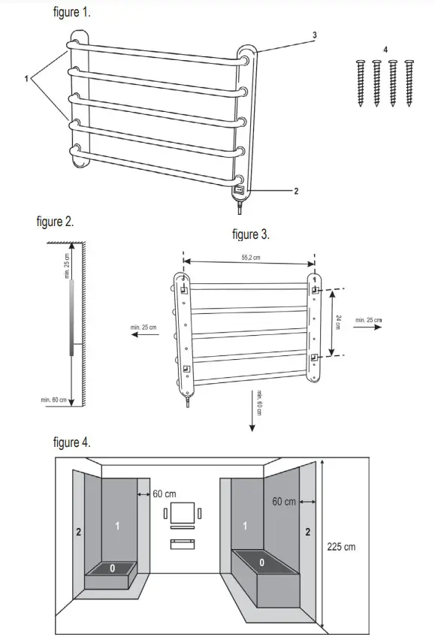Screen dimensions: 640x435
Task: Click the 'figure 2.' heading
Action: click(55, 222)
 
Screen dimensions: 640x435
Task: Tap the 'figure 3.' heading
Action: click(251, 234)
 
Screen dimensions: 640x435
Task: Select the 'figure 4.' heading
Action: click(72, 442)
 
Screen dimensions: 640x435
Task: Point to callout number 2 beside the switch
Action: click(296, 192)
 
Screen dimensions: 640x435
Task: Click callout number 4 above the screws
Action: click(385, 50)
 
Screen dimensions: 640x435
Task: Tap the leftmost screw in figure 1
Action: click(361, 83)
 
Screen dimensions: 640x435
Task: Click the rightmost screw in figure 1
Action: click(409, 83)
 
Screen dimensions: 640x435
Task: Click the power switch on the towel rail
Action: click(239, 191)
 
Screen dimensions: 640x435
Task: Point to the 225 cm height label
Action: click(341, 546)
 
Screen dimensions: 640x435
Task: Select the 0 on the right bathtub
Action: click(261, 562)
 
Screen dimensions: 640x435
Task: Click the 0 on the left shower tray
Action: click(112, 568)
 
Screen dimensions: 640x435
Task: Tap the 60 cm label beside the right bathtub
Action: click(284, 501)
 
